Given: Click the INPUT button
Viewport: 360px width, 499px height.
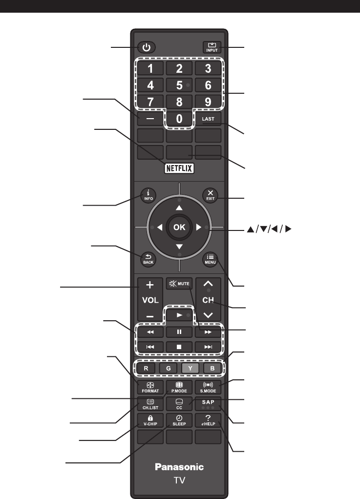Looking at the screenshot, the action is (x=212, y=47).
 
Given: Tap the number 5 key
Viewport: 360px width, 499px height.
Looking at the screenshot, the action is (x=179, y=85).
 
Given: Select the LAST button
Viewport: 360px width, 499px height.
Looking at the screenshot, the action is (x=208, y=119).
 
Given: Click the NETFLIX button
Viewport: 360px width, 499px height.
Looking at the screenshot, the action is (x=179, y=168).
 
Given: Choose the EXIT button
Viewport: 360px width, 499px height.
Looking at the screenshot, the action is (x=210, y=195).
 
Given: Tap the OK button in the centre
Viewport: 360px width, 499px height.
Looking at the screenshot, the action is (x=179, y=227).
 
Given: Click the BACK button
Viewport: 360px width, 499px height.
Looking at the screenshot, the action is (x=148, y=259).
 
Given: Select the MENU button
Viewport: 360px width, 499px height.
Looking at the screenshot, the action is (x=210, y=259).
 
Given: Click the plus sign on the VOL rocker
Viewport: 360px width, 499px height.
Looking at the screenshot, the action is (x=150, y=285).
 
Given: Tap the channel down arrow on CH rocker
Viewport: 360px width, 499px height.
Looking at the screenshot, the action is (x=208, y=315).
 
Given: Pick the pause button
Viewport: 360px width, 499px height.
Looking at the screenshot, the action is (x=179, y=332).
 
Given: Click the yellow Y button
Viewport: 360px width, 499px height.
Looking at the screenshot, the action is (x=190, y=368).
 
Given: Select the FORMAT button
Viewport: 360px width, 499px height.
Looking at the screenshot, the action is (x=150, y=387).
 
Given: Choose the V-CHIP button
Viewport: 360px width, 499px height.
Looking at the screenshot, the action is (x=150, y=420).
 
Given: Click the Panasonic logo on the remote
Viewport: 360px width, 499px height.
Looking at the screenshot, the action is (x=179, y=467).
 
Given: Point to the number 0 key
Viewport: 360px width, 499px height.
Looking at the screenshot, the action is (x=179, y=119).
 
